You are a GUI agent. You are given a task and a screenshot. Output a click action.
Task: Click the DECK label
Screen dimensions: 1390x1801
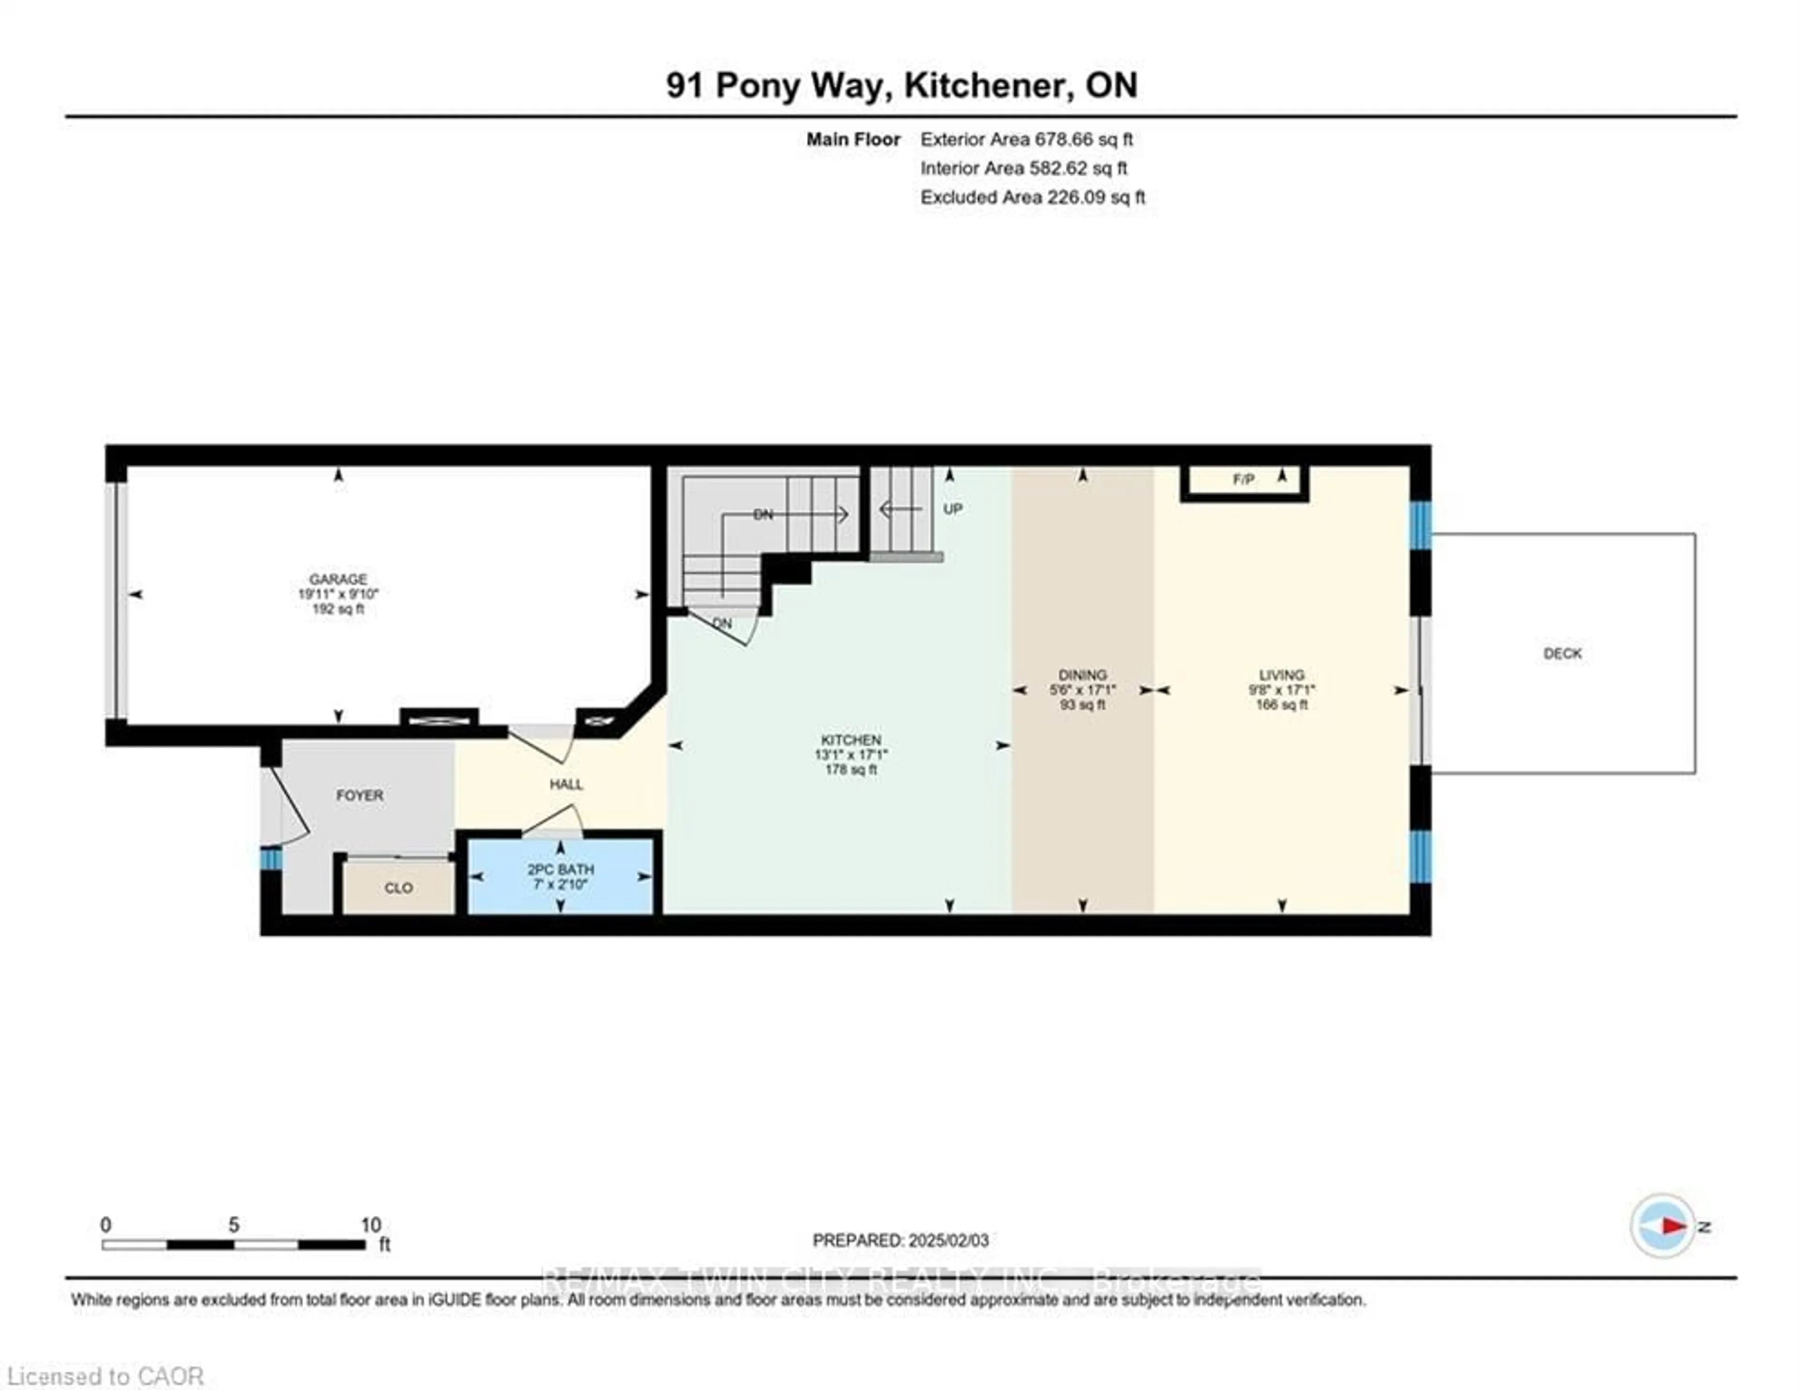point(1562,654)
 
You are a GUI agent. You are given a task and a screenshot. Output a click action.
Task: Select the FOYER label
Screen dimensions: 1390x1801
point(360,795)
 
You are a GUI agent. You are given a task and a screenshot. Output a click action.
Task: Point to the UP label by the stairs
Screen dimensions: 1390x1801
point(953,509)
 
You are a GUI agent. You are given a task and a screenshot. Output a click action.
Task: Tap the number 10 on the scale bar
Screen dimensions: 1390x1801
point(370,1225)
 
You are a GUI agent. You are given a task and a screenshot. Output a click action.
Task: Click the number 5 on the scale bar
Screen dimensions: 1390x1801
point(234,1225)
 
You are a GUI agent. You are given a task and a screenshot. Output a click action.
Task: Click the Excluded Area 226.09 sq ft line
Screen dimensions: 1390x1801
point(1032,197)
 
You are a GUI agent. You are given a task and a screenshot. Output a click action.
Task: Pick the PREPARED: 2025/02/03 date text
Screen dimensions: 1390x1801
point(900,1240)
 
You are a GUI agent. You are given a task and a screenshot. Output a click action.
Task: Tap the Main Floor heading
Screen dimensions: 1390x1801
point(853,139)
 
